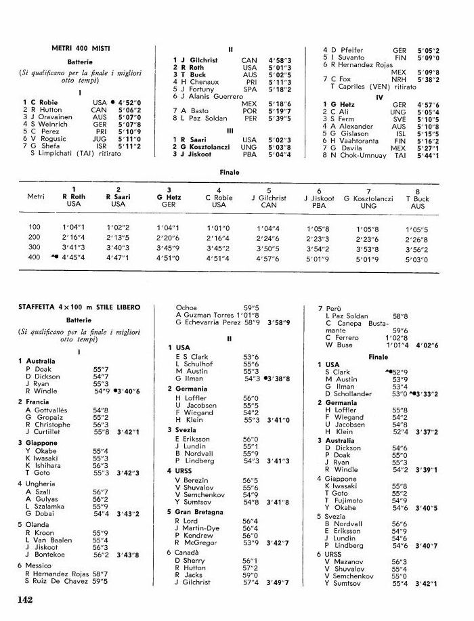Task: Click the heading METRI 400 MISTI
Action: (x=81, y=48)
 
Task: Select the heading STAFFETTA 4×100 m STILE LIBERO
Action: (x=79, y=307)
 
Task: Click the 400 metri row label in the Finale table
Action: (x=35, y=257)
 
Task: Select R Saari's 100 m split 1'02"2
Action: (x=118, y=227)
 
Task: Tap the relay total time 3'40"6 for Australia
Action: (x=127, y=391)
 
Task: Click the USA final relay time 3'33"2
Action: (x=427, y=393)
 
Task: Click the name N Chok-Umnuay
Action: (x=358, y=155)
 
